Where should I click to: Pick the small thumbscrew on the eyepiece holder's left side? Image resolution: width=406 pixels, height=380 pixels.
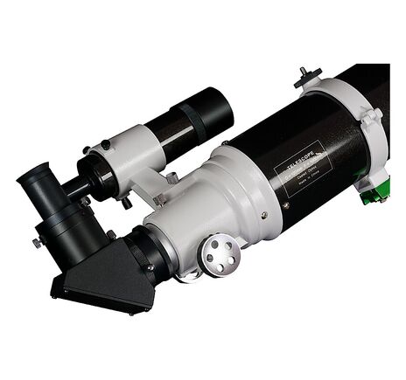37,241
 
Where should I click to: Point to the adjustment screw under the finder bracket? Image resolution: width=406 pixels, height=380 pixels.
128,202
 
